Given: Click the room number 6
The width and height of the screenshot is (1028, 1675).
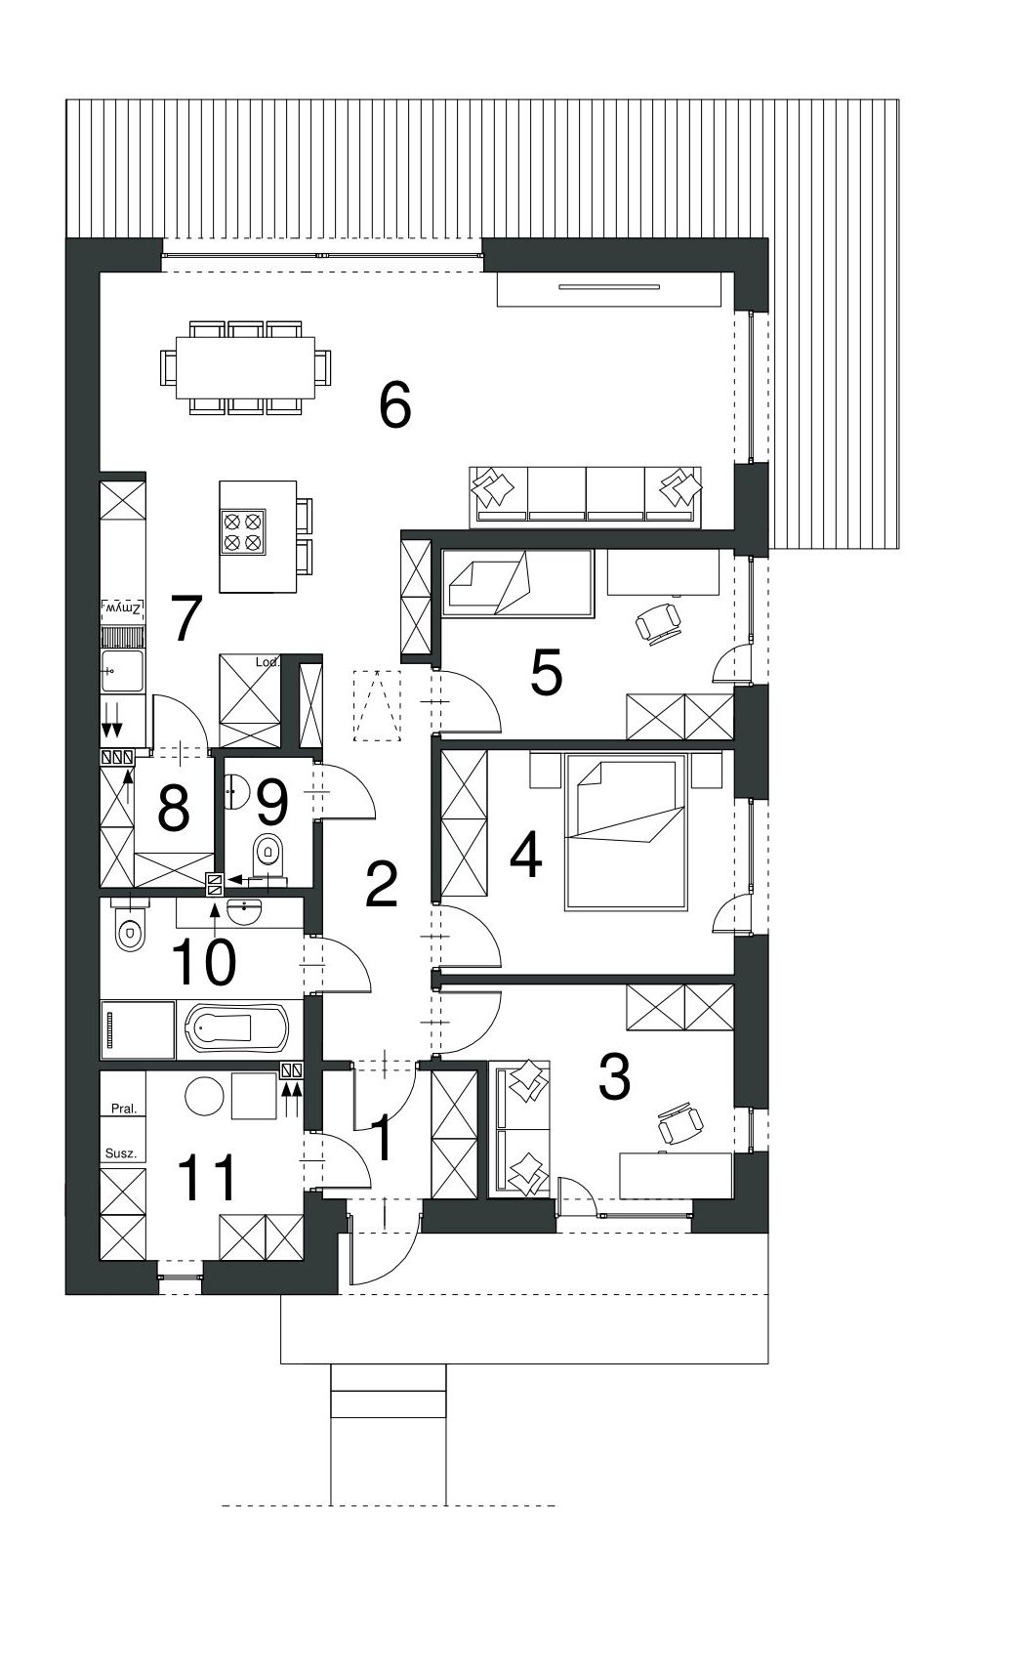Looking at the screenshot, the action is point(395,405).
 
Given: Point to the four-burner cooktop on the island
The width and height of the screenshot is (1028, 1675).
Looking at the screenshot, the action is point(243,533).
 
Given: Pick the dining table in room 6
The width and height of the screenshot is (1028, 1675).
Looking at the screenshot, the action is point(244,369).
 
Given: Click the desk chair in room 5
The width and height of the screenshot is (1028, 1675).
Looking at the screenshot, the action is point(658,622).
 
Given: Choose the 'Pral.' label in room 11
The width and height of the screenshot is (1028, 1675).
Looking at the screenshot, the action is point(124,1109).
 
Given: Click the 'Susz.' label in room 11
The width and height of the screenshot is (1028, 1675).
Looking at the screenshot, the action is point(121,1153).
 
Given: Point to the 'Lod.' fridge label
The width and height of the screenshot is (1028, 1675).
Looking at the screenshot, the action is point(268,662).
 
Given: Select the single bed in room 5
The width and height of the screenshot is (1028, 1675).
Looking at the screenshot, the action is point(517,583).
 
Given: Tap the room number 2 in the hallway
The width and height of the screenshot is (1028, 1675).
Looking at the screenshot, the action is point(381,884).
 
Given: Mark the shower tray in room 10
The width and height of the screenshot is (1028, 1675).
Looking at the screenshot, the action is point(139,1028).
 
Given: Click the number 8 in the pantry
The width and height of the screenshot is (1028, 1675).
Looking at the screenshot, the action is point(173,809).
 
